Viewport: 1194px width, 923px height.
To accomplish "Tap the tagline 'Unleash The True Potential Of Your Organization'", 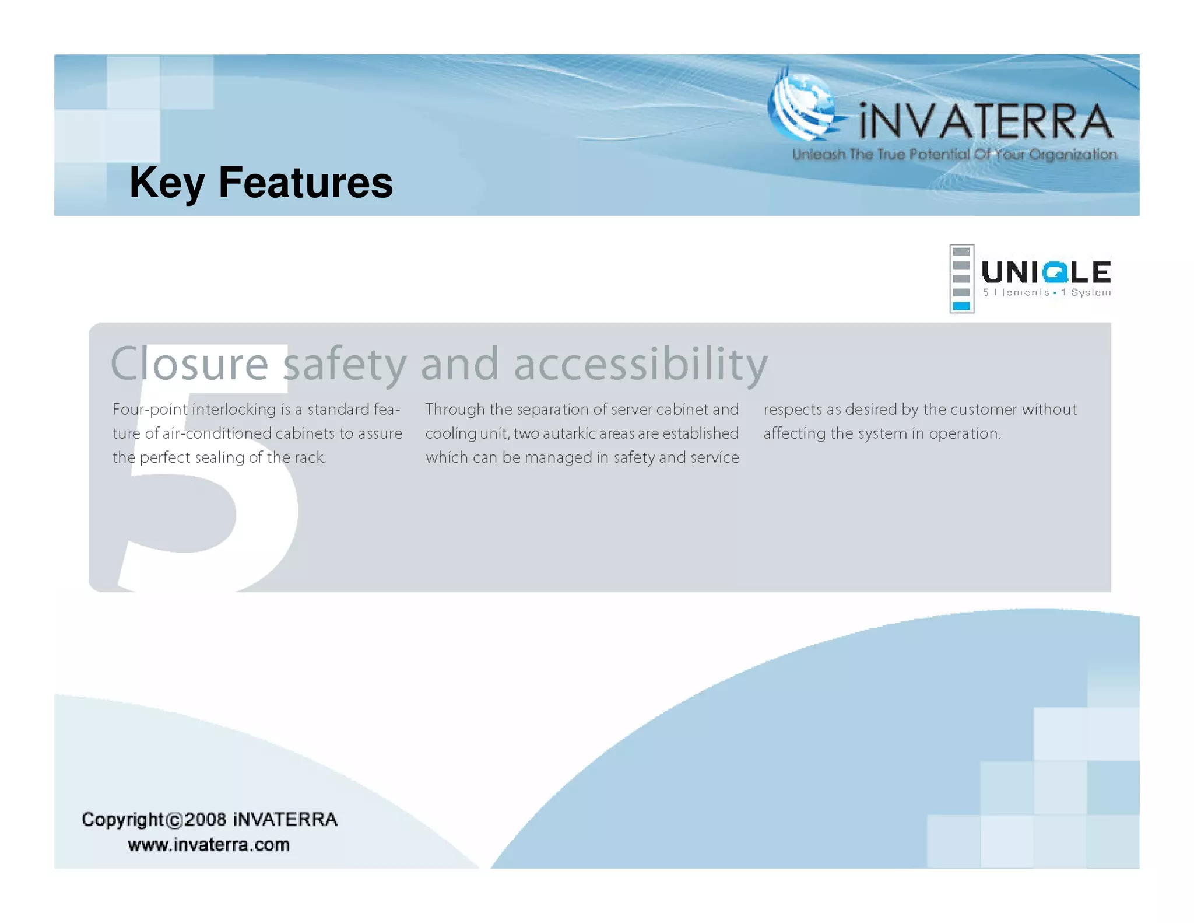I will (954, 155).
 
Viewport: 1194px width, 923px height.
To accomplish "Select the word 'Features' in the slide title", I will (305, 182).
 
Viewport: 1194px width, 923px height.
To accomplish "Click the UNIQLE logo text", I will (1046, 272).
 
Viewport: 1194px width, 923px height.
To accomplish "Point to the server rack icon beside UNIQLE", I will (961, 279).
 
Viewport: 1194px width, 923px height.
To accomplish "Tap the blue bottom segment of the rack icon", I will (961, 306).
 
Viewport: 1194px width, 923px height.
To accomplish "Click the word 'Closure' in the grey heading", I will (189, 364).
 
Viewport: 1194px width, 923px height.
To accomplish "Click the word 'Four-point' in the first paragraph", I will (150, 410).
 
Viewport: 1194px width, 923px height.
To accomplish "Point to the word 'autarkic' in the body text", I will (571, 433).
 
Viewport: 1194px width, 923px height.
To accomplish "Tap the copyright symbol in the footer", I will (174, 820).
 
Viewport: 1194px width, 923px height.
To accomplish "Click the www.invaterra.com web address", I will (209, 845).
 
